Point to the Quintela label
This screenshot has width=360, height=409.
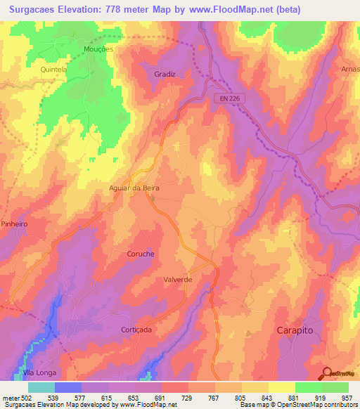tap(53, 70)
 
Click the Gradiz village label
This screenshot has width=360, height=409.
tap(165, 74)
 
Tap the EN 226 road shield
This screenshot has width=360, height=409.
tap(229, 99)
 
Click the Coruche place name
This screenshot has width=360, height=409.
tap(141, 254)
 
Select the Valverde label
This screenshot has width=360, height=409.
tap(178, 279)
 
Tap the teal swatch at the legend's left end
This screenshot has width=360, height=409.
tap(41, 387)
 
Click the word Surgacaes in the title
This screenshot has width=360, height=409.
tap(34, 10)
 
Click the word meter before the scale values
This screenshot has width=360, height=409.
tap(11, 398)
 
